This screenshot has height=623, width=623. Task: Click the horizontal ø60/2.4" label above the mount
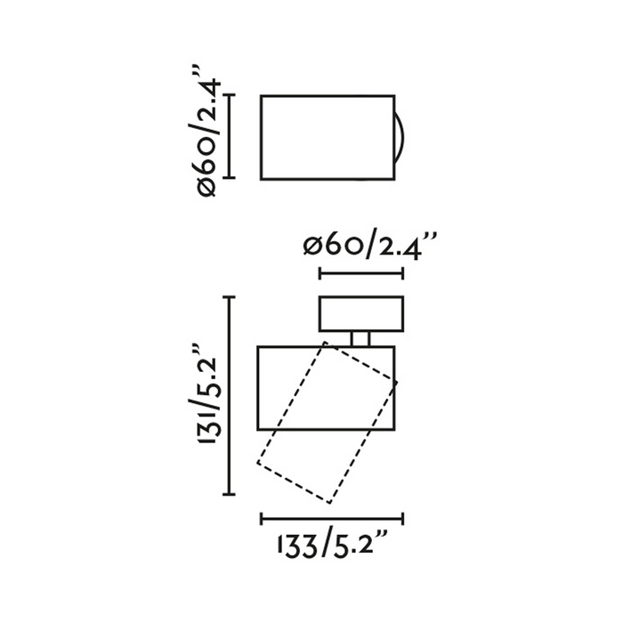369,248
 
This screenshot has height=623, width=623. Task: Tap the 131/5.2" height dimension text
208,394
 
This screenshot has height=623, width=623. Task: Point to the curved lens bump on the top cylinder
403,137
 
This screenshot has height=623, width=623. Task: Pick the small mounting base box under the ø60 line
361,314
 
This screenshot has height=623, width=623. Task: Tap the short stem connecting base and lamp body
360,339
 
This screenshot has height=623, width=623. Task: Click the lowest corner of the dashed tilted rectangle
330,504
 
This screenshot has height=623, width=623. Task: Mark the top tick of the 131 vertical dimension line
229,297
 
